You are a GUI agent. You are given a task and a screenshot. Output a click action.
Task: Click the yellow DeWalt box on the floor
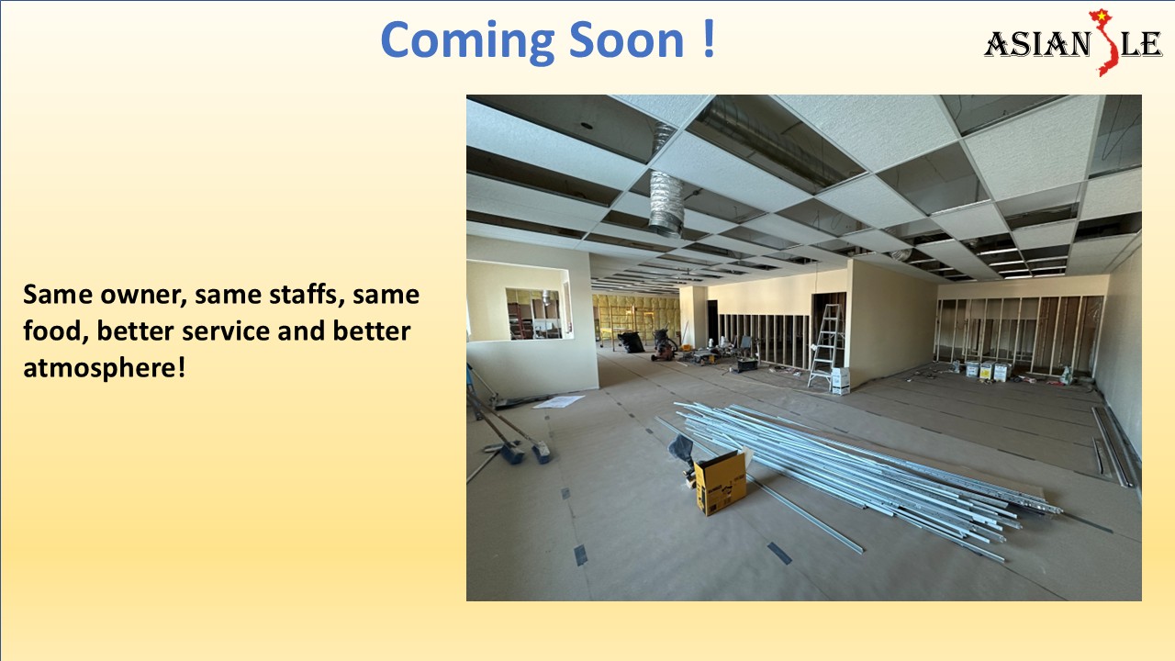(719, 481)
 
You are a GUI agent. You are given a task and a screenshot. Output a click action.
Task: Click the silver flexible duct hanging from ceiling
(667, 202)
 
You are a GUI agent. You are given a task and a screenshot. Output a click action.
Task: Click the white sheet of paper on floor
(558, 401)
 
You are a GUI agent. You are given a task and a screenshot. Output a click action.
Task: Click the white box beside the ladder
(840, 379)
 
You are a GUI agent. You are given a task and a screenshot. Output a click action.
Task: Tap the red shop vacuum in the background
(664, 343)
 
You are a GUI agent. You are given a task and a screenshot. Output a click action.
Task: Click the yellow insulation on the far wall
(633, 312)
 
